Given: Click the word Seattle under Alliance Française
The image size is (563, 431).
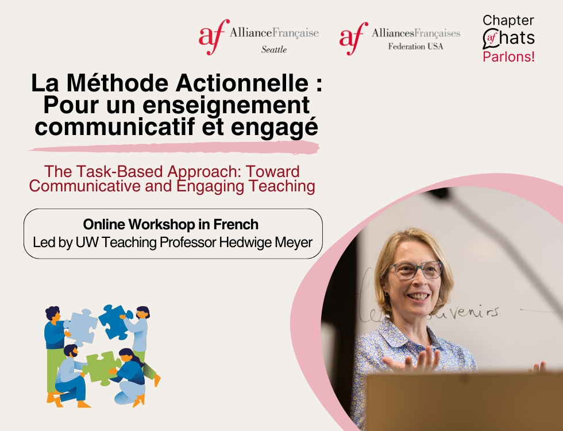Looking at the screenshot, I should point(273,49).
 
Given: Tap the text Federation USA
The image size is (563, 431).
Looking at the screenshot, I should point(415,47).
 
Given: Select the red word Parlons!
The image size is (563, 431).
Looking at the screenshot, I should point(508,57).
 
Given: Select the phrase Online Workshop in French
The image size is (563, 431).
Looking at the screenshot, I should point(171,224).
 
